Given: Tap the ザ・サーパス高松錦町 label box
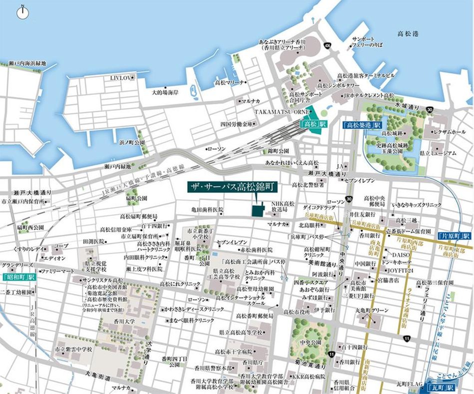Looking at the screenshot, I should (x=232, y=187).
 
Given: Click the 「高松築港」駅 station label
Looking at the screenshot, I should (x=362, y=124).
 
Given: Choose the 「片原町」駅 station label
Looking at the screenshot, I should (x=453, y=236).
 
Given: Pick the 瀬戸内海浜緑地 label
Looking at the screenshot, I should (x=27, y=63).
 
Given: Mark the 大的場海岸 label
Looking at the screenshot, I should (x=165, y=93).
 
